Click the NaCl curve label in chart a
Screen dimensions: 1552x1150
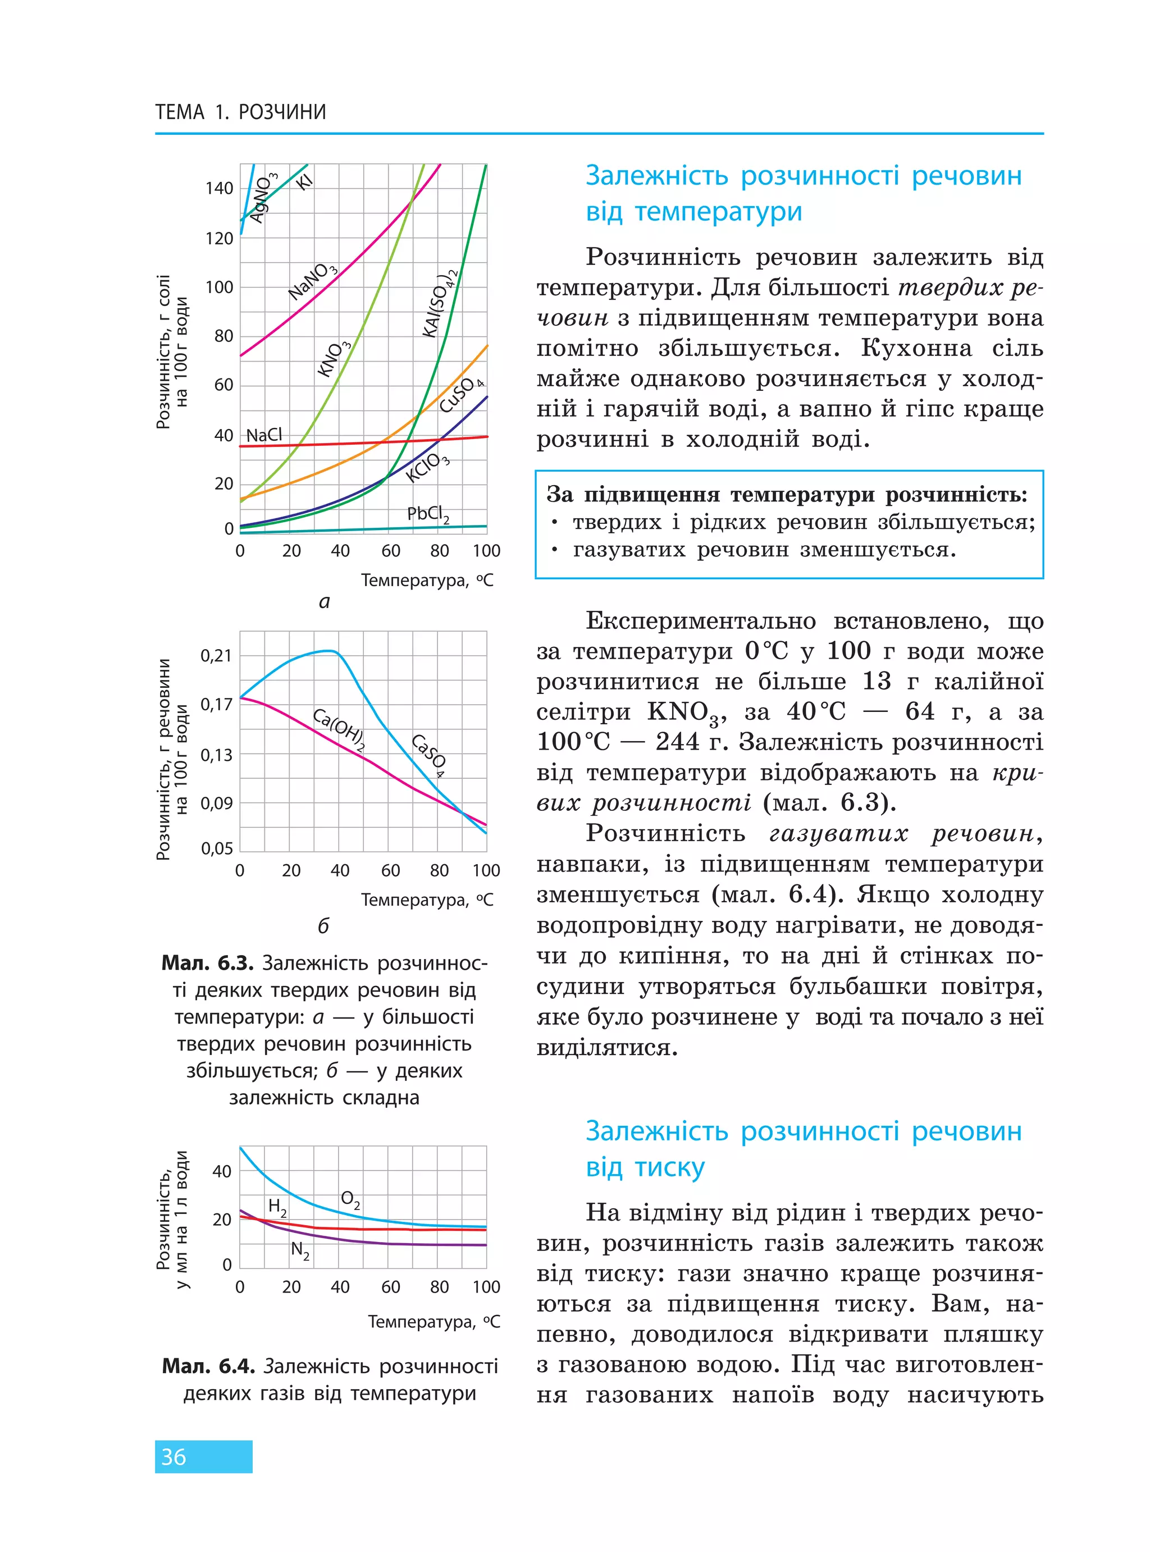click(x=264, y=435)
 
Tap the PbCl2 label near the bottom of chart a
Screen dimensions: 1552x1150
click(x=428, y=514)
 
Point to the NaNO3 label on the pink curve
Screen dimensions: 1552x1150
click(x=313, y=281)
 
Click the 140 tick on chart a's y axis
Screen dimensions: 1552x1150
click(x=220, y=188)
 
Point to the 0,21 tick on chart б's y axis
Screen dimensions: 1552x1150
click(x=216, y=656)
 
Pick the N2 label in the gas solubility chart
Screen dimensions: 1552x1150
click(x=300, y=1250)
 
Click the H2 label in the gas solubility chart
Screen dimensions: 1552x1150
click(x=277, y=1206)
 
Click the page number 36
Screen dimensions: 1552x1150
click(x=174, y=1456)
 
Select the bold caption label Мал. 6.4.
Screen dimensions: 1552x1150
click(x=208, y=1366)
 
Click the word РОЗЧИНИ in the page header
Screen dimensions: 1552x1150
click(x=282, y=112)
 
